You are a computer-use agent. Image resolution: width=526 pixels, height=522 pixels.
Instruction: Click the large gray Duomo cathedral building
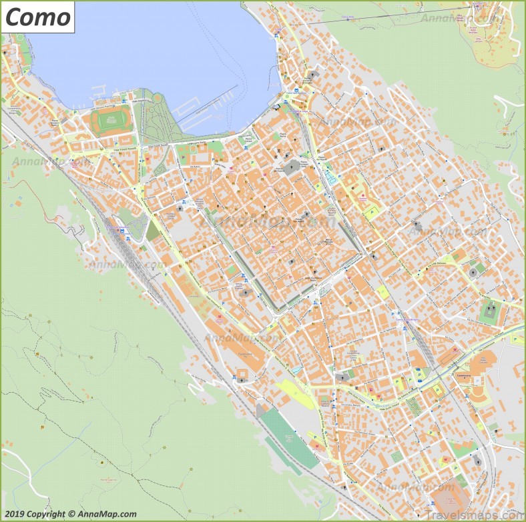(x=292, y=167)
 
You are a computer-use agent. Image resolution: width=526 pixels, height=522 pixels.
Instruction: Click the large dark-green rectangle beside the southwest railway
(x=288, y=437)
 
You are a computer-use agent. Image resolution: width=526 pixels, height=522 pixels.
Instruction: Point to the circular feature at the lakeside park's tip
(x=157, y=98)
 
